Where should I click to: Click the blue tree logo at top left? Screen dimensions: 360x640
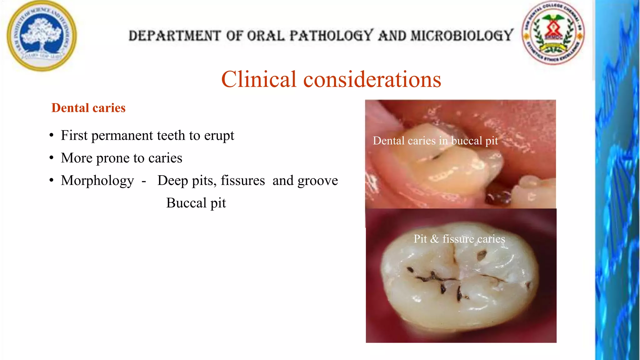click(42, 35)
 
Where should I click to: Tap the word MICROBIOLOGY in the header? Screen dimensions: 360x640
click(462, 35)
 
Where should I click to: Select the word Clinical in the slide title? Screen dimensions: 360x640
click(258, 79)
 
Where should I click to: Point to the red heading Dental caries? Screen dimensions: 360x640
click(88, 108)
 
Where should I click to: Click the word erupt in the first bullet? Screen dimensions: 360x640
click(219, 136)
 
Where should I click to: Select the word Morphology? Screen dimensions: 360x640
click(97, 181)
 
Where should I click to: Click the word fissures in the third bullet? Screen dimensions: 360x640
click(242, 181)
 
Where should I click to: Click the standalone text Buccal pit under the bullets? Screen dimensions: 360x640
click(196, 203)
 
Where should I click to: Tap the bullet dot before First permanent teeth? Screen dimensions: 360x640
click(52, 136)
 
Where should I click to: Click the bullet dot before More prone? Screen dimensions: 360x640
click(52, 158)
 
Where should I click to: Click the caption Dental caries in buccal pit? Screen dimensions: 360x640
click(435, 141)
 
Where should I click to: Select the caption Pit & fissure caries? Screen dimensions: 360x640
click(459, 239)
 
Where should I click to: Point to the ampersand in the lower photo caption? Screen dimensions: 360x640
click(434, 239)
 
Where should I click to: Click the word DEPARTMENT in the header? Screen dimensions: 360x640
click(175, 36)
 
